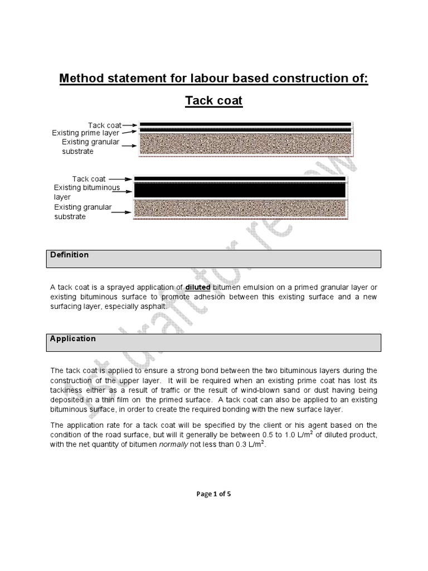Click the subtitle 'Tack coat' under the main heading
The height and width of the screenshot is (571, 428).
tap(213, 101)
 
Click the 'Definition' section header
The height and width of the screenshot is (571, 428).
tap(70, 255)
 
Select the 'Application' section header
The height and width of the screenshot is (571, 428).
tap(73, 338)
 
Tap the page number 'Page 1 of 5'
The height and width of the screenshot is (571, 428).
tap(213, 493)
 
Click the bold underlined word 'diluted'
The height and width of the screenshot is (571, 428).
tap(198, 287)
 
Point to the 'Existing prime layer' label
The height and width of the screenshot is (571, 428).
tap(85, 133)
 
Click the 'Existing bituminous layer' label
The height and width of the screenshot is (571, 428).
tap(86, 192)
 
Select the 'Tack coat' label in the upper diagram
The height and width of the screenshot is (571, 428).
tap(104, 125)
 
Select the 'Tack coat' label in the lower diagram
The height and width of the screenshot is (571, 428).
tap(89, 179)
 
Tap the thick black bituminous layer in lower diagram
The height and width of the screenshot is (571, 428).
tap(240, 191)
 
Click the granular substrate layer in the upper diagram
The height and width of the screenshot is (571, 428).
tap(245, 145)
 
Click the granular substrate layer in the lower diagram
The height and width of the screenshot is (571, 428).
tap(240, 210)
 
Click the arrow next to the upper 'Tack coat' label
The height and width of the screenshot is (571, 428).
tap(130, 125)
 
